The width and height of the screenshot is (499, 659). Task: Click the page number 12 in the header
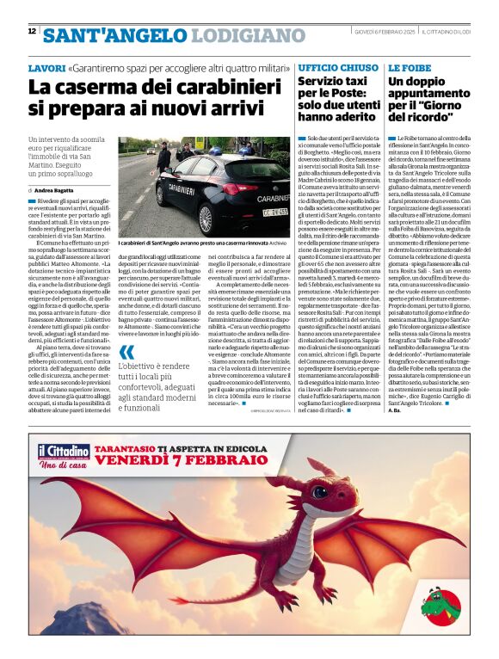pyautogui.click(x=32, y=31)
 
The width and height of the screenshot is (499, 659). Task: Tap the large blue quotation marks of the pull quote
pyautogui.click(x=127, y=354)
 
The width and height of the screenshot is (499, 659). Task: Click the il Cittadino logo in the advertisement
pyautogui.click(x=64, y=453)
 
